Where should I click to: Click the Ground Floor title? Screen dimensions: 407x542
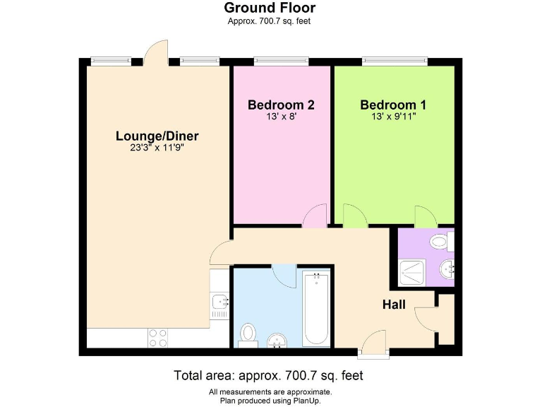coord(270,8)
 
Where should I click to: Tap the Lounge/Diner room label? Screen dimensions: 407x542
coord(157,136)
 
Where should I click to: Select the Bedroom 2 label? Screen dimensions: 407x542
coord(281,105)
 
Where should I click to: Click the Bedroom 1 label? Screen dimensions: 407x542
coord(393,105)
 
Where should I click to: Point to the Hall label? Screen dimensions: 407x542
coord(394,305)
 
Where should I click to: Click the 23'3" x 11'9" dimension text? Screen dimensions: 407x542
coord(157,148)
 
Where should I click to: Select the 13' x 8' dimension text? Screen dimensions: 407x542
coord(281,117)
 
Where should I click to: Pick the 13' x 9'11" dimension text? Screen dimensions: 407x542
coord(393,117)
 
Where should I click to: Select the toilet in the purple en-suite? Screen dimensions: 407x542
coord(442,242)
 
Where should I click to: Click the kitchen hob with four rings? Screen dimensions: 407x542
coord(157,338)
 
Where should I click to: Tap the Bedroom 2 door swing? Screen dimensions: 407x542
coord(315,216)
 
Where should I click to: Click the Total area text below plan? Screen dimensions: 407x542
coord(268,375)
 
